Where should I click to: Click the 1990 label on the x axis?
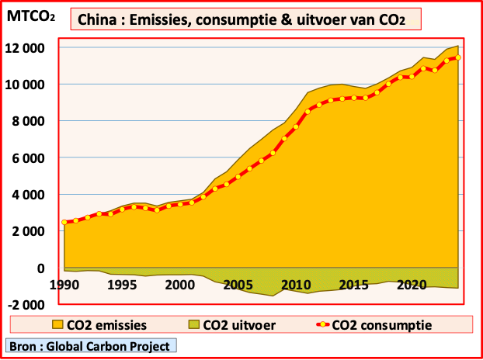coord(64,285)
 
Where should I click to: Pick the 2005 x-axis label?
coord(237,285)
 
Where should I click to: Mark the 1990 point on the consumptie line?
coord(64,223)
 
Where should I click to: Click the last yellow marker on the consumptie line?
coord(458,57)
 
